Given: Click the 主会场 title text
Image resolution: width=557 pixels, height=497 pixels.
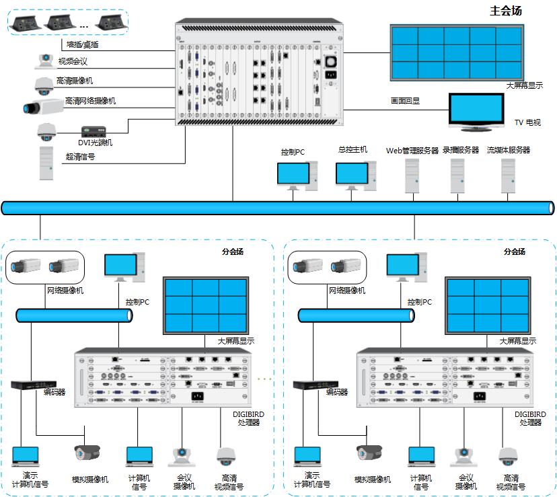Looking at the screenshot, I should pyautogui.click(x=506, y=11).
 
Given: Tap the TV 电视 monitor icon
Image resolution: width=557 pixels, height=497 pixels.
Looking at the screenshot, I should pyautogui.click(x=476, y=109).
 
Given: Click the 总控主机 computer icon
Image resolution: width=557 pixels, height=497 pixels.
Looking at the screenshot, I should pyautogui.click(x=352, y=176).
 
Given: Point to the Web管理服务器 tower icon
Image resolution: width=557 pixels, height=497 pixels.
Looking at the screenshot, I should pyautogui.click(x=412, y=176).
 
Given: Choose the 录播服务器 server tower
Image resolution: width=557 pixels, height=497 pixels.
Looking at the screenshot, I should pyautogui.click(x=459, y=176).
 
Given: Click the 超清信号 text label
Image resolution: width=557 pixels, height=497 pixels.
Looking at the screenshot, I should pyautogui.click(x=80, y=157).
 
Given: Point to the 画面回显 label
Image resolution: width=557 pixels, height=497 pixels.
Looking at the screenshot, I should pyautogui.click(x=406, y=101).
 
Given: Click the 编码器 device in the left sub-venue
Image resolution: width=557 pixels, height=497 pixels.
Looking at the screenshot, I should pyautogui.click(x=28, y=385).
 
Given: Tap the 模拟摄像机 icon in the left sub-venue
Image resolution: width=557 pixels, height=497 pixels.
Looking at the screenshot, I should pyautogui.click(x=87, y=452).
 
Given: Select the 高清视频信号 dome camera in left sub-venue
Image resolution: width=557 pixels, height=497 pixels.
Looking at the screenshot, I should pyautogui.click(x=226, y=457).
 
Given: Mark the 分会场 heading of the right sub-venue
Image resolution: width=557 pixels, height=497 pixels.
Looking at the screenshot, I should pyautogui.click(x=515, y=252).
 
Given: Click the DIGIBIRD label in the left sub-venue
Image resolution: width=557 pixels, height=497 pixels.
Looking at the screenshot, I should pyautogui.click(x=248, y=414).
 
